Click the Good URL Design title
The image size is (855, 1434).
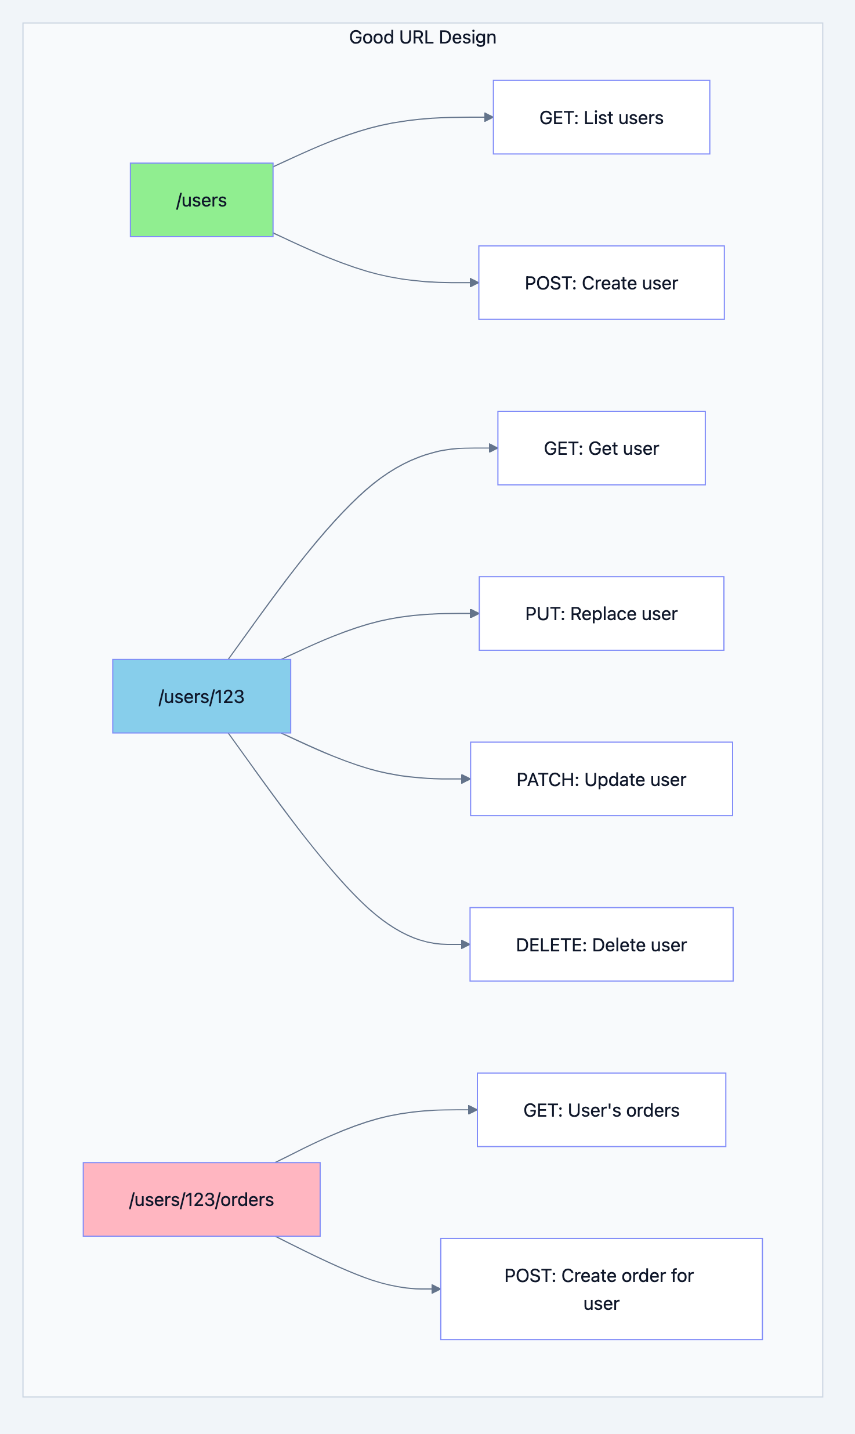point(422,38)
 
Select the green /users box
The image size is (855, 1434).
point(201,200)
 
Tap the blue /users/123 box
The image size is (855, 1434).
point(201,696)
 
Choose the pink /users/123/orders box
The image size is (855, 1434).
point(201,1199)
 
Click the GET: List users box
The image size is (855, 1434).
point(601,118)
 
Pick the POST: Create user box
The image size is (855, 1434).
point(601,283)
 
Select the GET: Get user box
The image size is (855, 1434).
point(601,448)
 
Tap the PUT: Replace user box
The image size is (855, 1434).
point(601,614)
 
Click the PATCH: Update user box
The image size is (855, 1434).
point(601,779)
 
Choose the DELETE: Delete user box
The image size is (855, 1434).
point(601,944)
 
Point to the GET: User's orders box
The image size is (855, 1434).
point(601,1110)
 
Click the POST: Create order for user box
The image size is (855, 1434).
point(601,1289)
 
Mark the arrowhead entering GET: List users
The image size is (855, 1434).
point(488,117)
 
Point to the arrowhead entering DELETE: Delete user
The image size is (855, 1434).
point(465,944)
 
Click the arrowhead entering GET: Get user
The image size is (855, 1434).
point(493,448)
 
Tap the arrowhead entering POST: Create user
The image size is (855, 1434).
point(474,283)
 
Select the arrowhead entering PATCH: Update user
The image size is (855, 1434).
point(466,779)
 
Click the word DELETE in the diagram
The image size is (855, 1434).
point(551,945)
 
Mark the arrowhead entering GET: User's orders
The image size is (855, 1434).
point(473,1110)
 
